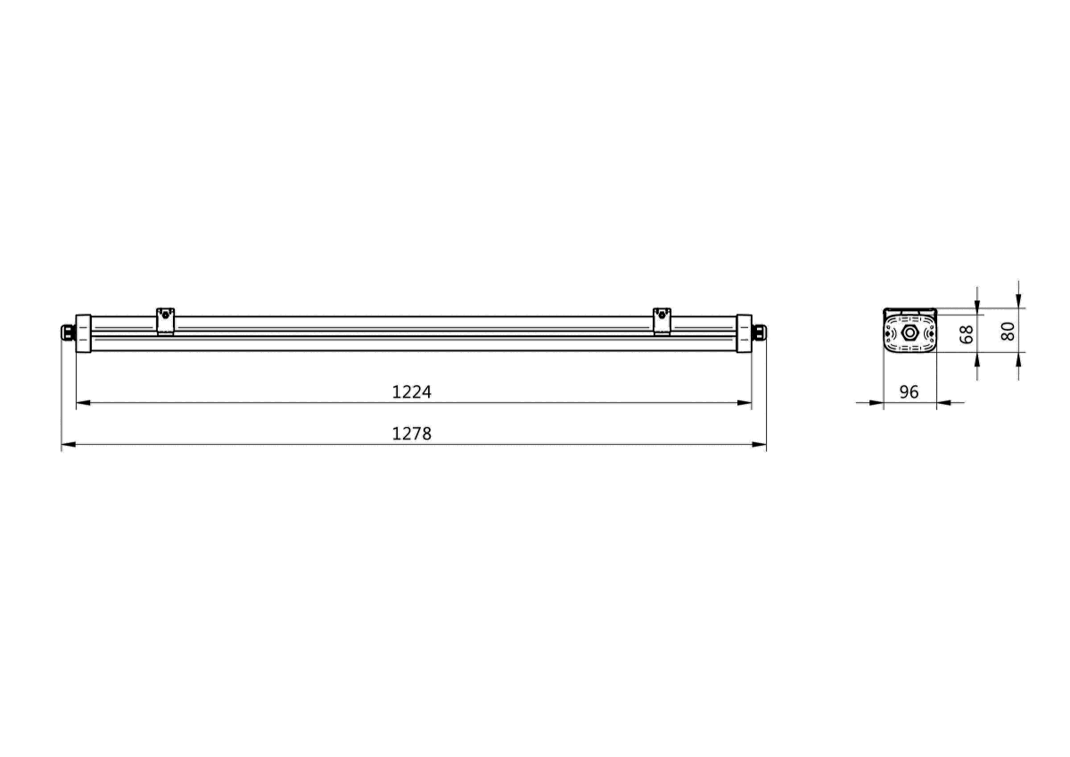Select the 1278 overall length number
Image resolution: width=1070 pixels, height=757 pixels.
pyautogui.click(x=411, y=434)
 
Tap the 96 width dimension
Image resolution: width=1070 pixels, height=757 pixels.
pyautogui.click(x=909, y=392)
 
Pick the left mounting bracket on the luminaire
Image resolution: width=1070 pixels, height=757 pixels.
pyautogui.click(x=165, y=321)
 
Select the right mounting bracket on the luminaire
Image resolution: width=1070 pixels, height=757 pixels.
pyautogui.click(x=661, y=321)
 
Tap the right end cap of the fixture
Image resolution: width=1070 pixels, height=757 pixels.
pyautogui.click(x=744, y=333)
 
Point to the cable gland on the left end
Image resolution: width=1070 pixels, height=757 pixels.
pyautogui.click(x=67, y=333)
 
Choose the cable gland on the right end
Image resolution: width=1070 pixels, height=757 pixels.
pyautogui.click(x=759, y=333)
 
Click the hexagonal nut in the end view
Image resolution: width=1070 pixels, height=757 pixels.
pyautogui.click(x=909, y=333)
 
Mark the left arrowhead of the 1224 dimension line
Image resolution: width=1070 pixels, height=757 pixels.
pyautogui.click(x=83, y=403)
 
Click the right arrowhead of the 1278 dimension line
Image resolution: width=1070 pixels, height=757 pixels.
pyautogui.click(x=760, y=445)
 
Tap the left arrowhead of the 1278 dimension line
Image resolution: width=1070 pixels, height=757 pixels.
pyautogui.click(x=68, y=445)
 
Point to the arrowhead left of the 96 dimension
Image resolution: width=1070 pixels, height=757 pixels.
pyautogui.click(x=877, y=403)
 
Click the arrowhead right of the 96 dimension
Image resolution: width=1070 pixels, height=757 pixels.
pyautogui.click(x=943, y=403)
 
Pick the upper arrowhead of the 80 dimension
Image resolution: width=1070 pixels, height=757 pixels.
pyautogui.click(x=1019, y=301)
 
